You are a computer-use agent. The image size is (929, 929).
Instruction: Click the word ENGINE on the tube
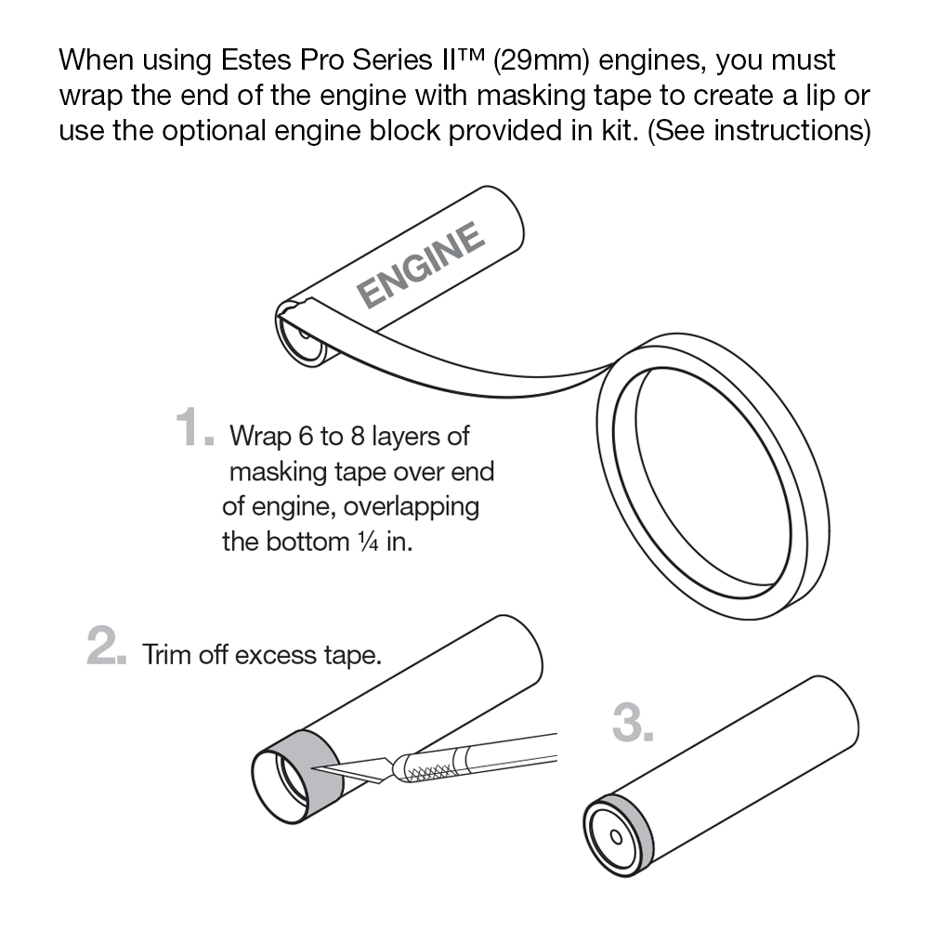[x=421, y=264]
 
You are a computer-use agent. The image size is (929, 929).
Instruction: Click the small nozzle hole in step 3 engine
[x=616, y=837]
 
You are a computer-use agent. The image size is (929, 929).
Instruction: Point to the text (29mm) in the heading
[x=541, y=61]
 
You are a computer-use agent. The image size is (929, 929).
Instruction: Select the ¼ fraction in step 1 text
[x=368, y=542]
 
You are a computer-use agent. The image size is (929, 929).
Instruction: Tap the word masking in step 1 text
[x=278, y=473]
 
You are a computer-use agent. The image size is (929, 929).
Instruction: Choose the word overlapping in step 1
[x=412, y=508]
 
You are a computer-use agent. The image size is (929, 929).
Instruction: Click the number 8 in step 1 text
[x=358, y=437]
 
